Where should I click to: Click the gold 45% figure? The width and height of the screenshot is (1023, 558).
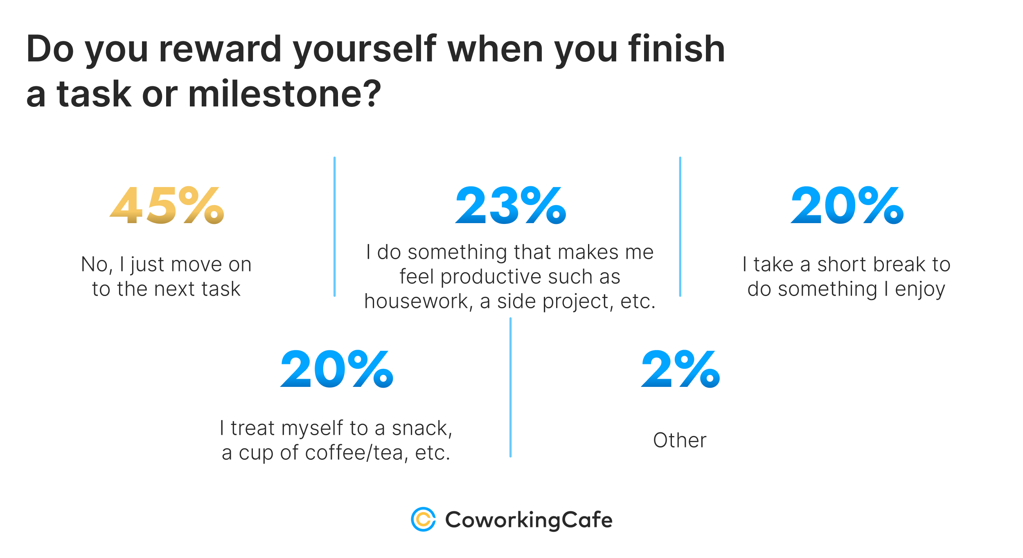pyautogui.click(x=167, y=206)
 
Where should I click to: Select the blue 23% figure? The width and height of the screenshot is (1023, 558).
pyautogui.click(x=511, y=206)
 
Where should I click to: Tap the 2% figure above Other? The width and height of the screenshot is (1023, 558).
pyautogui.click(x=680, y=369)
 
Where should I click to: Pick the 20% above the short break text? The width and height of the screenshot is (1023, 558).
pyautogui.click(x=847, y=206)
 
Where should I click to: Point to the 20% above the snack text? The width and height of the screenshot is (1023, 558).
pyautogui.click(x=337, y=369)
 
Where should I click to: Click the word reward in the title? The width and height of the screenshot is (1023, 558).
pyautogui.click(x=220, y=49)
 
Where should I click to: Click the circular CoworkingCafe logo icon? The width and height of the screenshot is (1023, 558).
pyautogui.click(x=423, y=520)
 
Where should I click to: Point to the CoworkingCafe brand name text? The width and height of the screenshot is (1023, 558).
pyautogui.click(x=529, y=520)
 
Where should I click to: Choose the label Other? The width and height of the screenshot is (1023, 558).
pyautogui.click(x=680, y=441)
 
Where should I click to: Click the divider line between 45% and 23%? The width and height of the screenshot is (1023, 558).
pyautogui.click(x=334, y=226)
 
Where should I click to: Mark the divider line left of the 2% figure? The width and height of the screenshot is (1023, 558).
pyautogui.click(x=510, y=387)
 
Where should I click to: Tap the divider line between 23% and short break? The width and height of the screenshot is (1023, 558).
pyautogui.click(x=680, y=226)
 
